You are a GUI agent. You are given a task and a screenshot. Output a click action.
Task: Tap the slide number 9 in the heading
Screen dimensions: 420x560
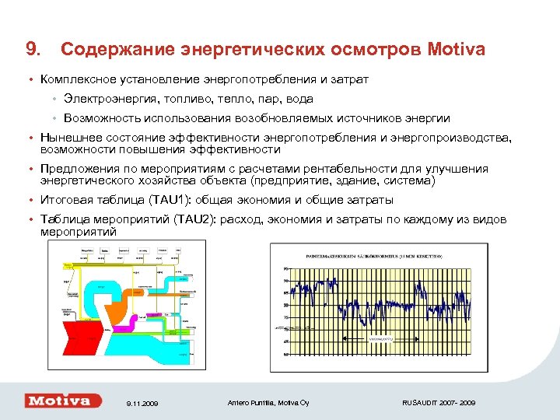click(31, 50)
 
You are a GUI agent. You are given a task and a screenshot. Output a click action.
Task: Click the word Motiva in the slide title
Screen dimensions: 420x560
click(456, 50)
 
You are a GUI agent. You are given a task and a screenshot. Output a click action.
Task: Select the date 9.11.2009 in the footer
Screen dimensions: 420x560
click(141, 403)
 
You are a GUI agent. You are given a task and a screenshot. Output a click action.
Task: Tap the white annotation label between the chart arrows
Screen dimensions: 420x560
click(380, 338)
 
